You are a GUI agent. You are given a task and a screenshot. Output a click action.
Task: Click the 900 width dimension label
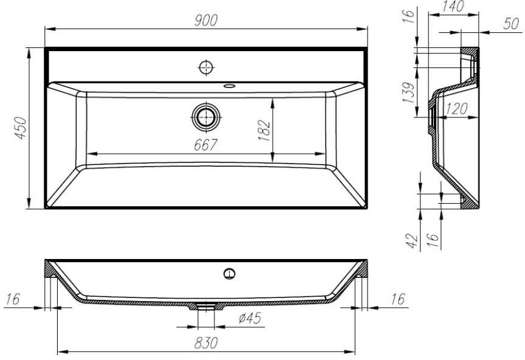(x=206, y=21)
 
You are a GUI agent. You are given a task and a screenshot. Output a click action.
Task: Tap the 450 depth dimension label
(x=21, y=128)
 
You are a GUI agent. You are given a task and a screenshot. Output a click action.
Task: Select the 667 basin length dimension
(x=205, y=145)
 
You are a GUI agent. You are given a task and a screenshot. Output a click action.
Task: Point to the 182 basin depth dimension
(x=264, y=130)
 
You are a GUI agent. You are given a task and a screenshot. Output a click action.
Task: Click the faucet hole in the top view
(x=206, y=67)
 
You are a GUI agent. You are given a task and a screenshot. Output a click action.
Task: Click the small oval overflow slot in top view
(x=229, y=86)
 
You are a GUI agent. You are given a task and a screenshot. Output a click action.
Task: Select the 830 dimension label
(x=206, y=343)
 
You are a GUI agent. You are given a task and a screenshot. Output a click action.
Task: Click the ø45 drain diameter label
(x=250, y=318)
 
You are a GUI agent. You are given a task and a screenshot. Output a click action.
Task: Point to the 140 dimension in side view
(x=453, y=7)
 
